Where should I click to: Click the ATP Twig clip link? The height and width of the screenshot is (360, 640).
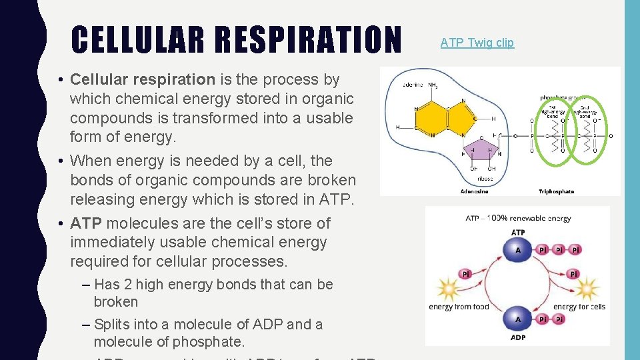(477, 43)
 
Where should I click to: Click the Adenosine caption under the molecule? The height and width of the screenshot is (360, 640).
(474, 191)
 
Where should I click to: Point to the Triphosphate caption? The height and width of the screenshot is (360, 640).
(556, 191)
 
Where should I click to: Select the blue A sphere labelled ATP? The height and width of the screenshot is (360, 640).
(518, 251)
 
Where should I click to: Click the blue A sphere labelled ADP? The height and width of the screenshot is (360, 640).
(518, 319)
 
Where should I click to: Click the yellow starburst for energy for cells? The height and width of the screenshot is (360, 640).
(587, 290)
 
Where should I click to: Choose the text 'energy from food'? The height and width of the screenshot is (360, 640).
(459, 307)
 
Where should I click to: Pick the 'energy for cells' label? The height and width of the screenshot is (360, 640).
(579, 307)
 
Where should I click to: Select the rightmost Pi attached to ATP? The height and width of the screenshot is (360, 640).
(575, 250)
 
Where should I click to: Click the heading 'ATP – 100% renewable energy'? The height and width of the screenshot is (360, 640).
(518, 217)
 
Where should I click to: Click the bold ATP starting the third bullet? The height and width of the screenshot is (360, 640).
(87, 223)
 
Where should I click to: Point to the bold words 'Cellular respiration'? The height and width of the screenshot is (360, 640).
(143, 80)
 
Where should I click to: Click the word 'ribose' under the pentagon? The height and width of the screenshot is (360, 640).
(485, 179)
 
